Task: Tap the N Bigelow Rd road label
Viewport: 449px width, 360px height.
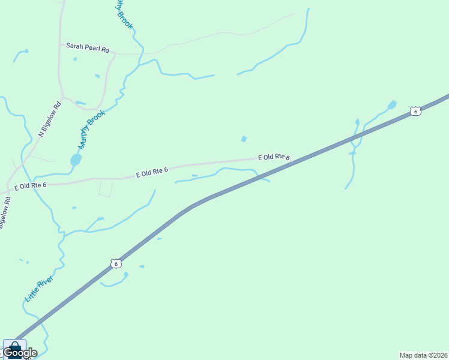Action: pyautogui.click(x=50, y=118)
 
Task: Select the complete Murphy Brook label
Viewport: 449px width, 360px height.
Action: pyautogui.click(x=91, y=129)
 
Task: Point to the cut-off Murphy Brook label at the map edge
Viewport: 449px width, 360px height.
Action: pyautogui.click(x=123, y=13)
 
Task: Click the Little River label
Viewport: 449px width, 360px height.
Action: pyautogui.click(x=38, y=289)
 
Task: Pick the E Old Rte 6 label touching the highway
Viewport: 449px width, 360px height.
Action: pyautogui.click(x=274, y=158)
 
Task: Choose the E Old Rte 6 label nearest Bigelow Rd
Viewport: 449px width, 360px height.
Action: pyautogui.click(x=31, y=186)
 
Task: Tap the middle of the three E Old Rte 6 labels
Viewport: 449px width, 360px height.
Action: pyautogui.click(x=152, y=173)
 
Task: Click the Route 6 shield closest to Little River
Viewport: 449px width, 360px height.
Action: pyautogui.click(x=116, y=263)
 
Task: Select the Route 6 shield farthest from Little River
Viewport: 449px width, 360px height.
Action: pyautogui.click(x=415, y=111)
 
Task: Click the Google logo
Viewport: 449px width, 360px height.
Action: pyautogui.click(x=20, y=353)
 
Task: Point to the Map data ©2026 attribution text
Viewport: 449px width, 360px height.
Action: pyautogui.click(x=424, y=355)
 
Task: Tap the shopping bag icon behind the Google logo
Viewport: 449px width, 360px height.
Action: pyautogui.click(x=14, y=346)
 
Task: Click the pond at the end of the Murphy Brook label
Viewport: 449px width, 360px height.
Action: pyautogui.click(x=76, y=160)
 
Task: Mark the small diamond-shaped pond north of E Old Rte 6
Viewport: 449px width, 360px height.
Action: pyautogui.click(x=244, y=139)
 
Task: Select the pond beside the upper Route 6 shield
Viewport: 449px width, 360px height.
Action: pyautogui.click(x=392, y=104)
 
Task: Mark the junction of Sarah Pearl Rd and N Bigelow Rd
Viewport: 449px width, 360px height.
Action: pyautogui.click(x=59, y=44)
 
